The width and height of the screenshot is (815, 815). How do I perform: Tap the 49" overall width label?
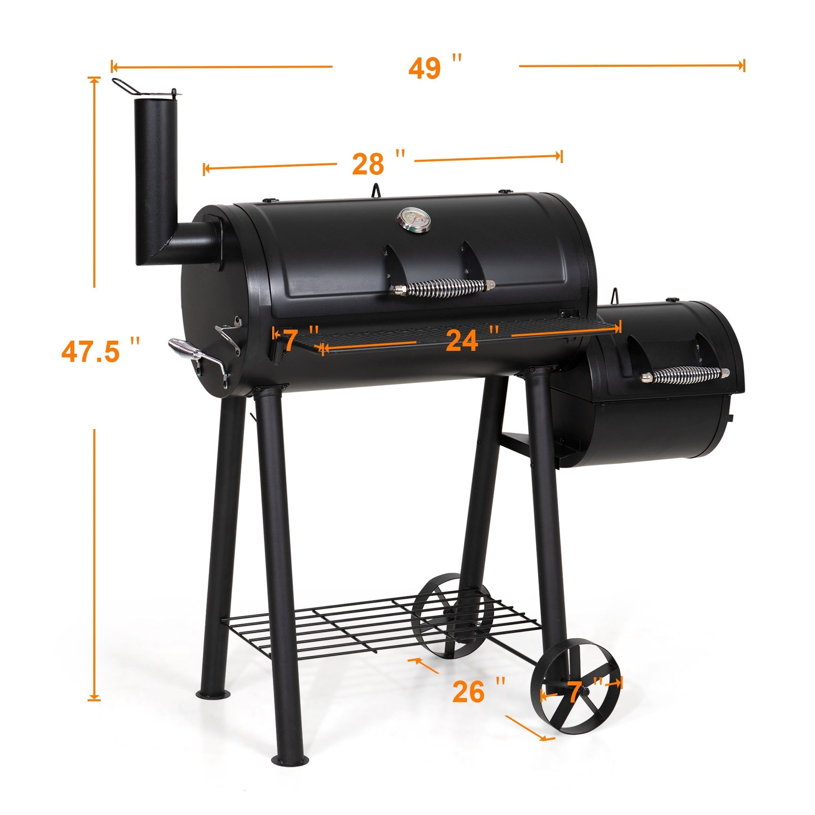coord(434,67)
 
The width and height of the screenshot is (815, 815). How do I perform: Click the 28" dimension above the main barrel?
coord(378,164)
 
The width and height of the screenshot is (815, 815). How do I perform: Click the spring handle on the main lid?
coord(444,288)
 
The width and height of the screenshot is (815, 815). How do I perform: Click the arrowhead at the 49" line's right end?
coord(743,66)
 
